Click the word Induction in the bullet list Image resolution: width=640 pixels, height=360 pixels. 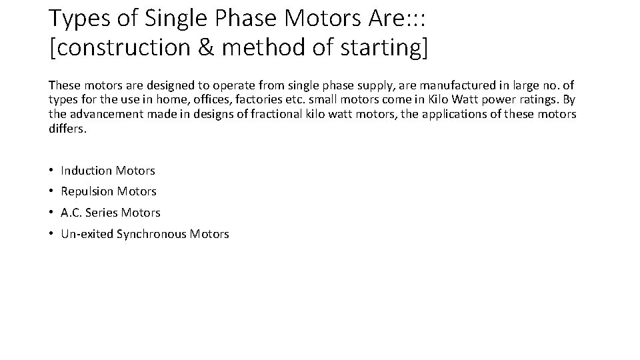[x=87, y=171]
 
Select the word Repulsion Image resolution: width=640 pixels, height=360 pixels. [x=87, y=192]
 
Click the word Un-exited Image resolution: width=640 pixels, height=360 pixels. [x=87, y=234]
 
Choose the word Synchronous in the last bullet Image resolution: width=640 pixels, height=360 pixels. [x=153, y=234]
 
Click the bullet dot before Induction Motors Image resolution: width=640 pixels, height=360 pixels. [x=51, y=171]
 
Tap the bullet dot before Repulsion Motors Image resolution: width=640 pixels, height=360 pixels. [x=51, y=192]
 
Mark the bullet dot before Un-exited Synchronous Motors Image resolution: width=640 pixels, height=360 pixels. [x=51, y=234]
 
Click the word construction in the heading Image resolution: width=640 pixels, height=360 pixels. [x=120, y=49]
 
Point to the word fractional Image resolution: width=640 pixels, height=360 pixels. [x=277, y=114]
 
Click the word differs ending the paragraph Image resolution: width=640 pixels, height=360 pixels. [x=67, y=128]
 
